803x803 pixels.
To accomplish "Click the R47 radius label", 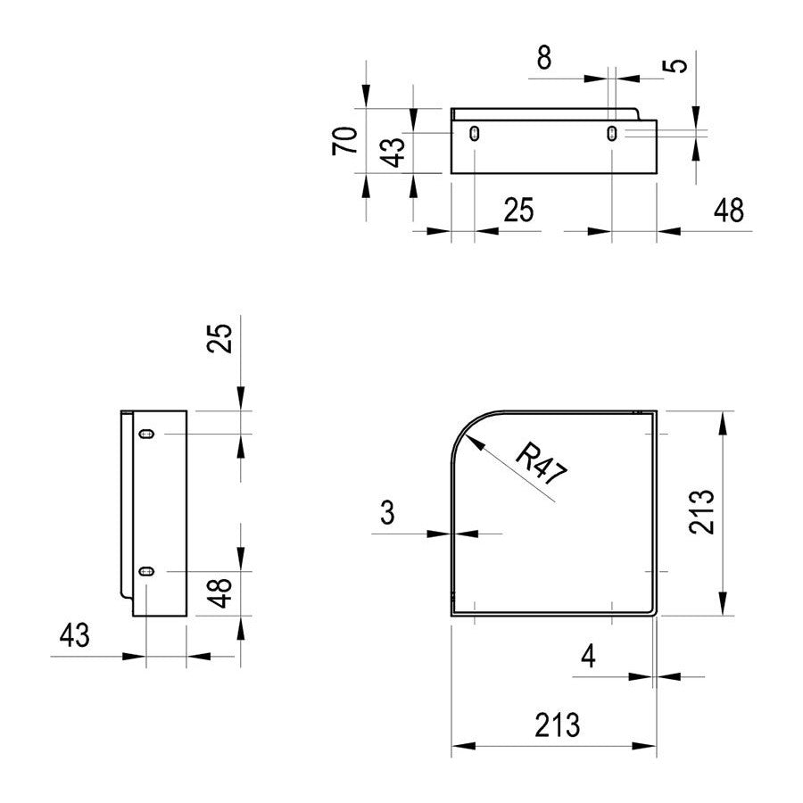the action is (x=541, y=465).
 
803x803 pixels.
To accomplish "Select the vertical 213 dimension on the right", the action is (x=701, y=512).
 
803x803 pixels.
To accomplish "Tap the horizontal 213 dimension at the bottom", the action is (x=557, y=724).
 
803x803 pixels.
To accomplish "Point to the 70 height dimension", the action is (x=344, y=140).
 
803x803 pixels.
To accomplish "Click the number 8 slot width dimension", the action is (x=544, y=58).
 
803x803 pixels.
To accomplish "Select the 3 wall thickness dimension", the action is (x=388, y=512).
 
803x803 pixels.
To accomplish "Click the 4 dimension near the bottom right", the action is (x=589, y=656).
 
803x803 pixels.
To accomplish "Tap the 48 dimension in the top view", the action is (x=729, y=210).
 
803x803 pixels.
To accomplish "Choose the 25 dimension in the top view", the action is (x=518, y=210).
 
